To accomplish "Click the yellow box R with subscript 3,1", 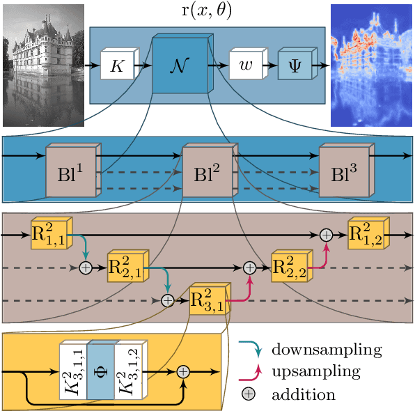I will (x=207, y=301).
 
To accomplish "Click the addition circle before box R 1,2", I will (x=325, y=235).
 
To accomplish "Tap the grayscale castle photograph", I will (x=43, y=65).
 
